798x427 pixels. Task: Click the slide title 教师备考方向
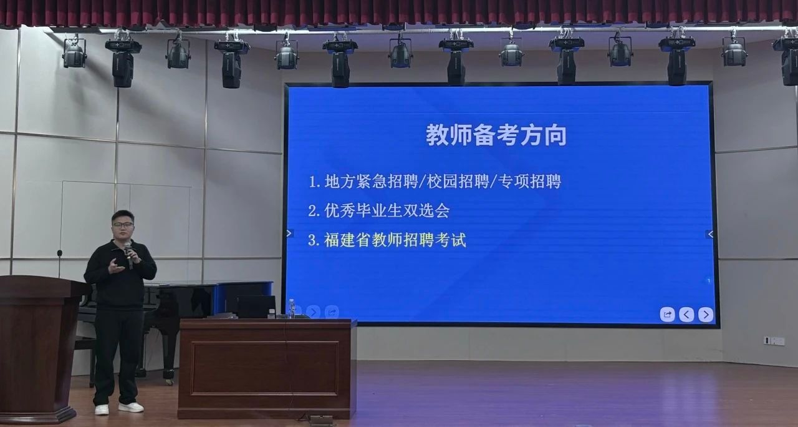point(496,135)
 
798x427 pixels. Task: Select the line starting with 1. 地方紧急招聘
point(435,182)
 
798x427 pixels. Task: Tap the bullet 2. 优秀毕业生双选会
point(378,211)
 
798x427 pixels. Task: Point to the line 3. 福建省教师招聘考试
point(387,240)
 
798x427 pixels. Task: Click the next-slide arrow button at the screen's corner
point(706,315)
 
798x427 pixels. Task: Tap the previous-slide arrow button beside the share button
point(686,315)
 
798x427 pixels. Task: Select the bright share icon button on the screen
point(667,315)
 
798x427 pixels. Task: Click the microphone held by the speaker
point(128,255)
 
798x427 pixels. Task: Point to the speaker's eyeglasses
point(123,225)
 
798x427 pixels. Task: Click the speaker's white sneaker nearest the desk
point(131,407)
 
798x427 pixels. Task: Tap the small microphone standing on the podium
point(59,263)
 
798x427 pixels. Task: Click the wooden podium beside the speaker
point(40,348)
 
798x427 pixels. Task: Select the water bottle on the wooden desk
point(291,309)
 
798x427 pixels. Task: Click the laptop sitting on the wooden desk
point(256,307)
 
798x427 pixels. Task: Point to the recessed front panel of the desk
point(265,369)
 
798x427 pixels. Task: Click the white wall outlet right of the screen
point(774,341)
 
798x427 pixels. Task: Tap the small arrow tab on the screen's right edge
point(710,234)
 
